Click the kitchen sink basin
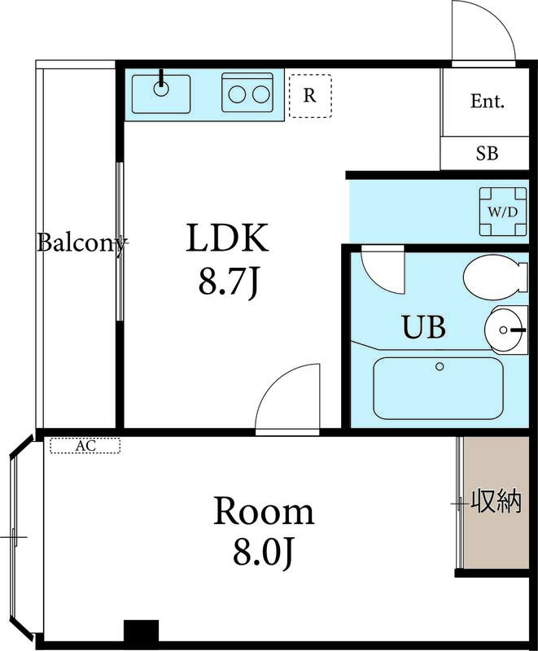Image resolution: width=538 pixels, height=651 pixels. point(161,94)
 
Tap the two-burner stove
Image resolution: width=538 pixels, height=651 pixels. point(247,93)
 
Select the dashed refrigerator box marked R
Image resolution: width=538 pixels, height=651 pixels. point(310,96)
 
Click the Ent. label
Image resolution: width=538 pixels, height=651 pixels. point(488,101)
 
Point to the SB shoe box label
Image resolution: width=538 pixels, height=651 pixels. point(487,153)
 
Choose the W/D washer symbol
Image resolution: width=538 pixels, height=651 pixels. point(503,212)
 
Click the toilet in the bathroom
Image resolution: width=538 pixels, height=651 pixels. point(495,277)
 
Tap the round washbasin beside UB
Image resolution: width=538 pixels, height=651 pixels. point(505,330)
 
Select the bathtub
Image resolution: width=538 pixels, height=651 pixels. point(439,388)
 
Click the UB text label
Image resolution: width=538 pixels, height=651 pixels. point(424,327)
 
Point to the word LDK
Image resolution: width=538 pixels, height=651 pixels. point(227,238)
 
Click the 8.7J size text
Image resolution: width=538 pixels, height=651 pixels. point(229,281)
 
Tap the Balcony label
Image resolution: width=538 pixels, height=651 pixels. point(81,242)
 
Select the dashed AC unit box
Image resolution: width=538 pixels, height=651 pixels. point(85,445)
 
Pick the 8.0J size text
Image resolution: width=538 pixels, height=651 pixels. point(264,552)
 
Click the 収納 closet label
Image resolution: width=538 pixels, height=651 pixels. point(496,501)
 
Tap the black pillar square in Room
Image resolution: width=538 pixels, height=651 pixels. point(141,631)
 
